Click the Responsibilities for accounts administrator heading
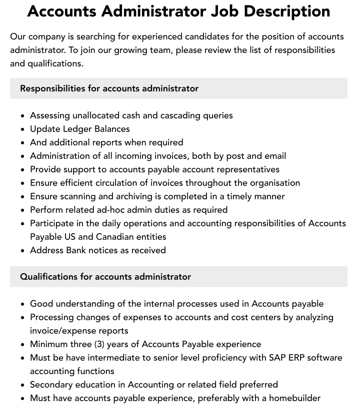pos(109,88)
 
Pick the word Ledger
pos(77,129)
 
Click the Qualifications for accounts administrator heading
pos(105,277)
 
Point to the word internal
pos(160,304)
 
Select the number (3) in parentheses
pos(99,344)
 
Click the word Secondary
pos(51,385)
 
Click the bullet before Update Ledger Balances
pos(23,129)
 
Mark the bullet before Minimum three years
pos(23,345)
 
